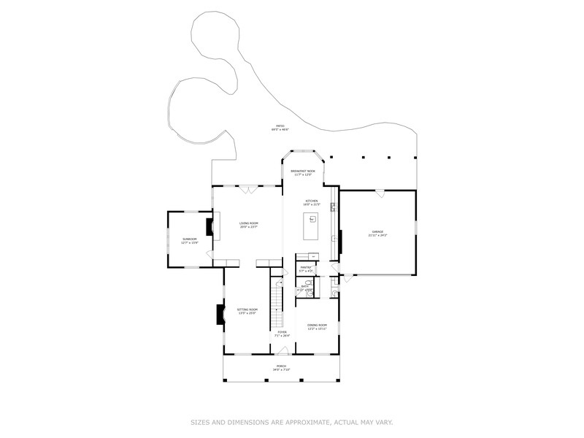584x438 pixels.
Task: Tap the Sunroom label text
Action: pyautogui.click(x=190, y=240)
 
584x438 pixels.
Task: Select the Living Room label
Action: pyautogui.click(x=250, y=225)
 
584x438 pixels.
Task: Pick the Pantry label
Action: pyautogui.click(x=307, y=269)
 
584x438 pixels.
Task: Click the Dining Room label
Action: pyautogui.click(x=317, y=326)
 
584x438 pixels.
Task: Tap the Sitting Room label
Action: pyautogui.click(x=247, y=311)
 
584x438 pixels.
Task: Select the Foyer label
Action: pyautogui.click(x=282, y=334)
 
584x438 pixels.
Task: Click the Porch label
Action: pyautogui.click(x=281, y=367)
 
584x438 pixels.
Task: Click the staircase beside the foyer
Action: pyautogui.click(x=277, y=307)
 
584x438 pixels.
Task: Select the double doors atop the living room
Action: pyautogui.click(x=250, y=190)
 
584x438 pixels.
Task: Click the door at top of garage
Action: pyautogui.click(x=380, y=193)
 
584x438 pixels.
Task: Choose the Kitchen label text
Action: pyautogui.click(x=312, y=201)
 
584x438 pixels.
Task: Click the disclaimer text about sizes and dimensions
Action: pyautogui.click(x=292, y=421)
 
